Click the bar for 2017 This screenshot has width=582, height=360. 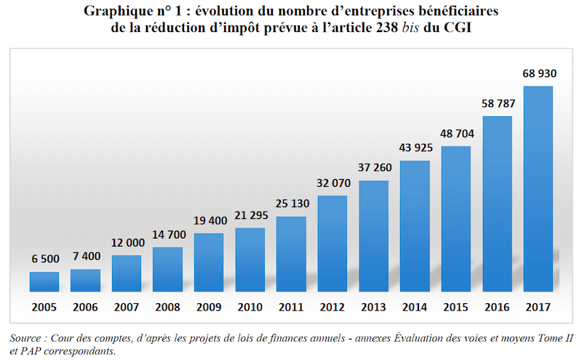[x=538, y=190]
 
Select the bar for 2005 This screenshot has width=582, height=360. [x=44, y=282]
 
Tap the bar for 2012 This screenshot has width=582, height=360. [x=332, y=244]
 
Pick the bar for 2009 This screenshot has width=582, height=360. [x=209, y=263]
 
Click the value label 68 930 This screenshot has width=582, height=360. [x=538, y=74]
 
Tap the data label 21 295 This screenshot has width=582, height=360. [x=250, y=216]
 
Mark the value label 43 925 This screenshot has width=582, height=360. [x=414, y=148]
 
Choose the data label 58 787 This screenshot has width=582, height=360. [x=497, y=104]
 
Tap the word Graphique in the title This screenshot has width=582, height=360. [x=115, y=11]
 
